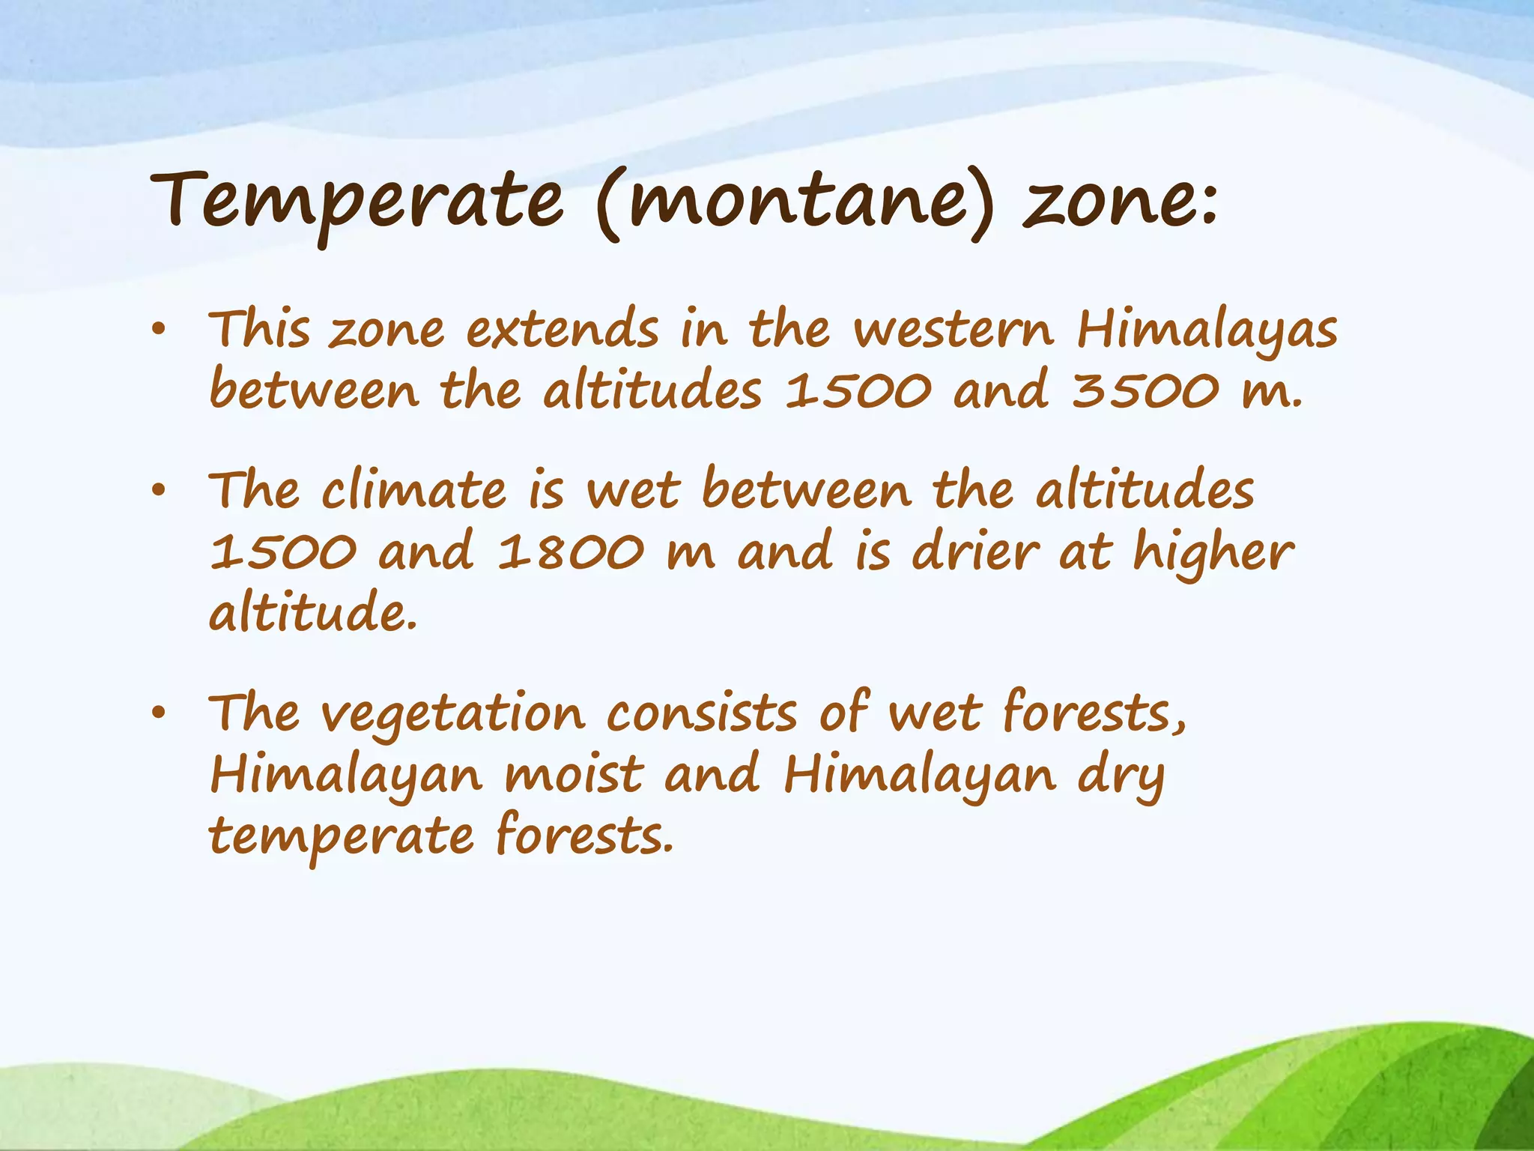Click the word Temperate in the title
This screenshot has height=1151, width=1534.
click(356, 201)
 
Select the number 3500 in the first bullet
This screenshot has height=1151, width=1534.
click(1145, 391)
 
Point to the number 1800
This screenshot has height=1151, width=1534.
click(571, 552)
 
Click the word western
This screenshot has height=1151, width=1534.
click(954, 330)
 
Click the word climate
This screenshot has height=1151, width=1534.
click(414, 491)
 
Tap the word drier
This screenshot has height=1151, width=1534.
click(976, 552)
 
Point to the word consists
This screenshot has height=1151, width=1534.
click(702, 713)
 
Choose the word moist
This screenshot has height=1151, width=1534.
click(574, 775)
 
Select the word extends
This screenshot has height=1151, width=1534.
click(563, 330)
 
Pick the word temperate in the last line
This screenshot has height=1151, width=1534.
click(341, 838)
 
